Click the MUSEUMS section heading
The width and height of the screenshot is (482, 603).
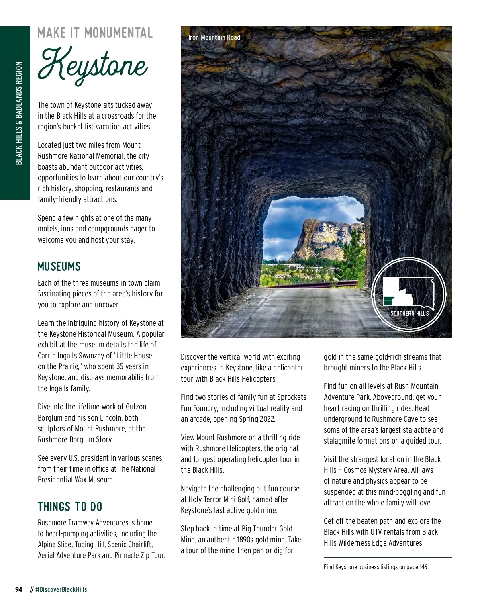point(59,266)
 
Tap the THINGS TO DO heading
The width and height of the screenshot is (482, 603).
point(70,507)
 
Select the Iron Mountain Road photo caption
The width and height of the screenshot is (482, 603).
point(214,37)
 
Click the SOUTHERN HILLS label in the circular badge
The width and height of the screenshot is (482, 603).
point(409,313)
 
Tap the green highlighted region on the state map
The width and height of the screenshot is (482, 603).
point(388,300)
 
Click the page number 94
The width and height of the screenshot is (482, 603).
point(18,589)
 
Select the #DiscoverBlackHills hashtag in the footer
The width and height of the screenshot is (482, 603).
point(61,589)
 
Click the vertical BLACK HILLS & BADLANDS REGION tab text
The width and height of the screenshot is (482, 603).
point(19,113)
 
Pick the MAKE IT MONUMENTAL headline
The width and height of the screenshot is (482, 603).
point(95,33)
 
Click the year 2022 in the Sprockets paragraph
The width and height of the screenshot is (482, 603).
point(266,419)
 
